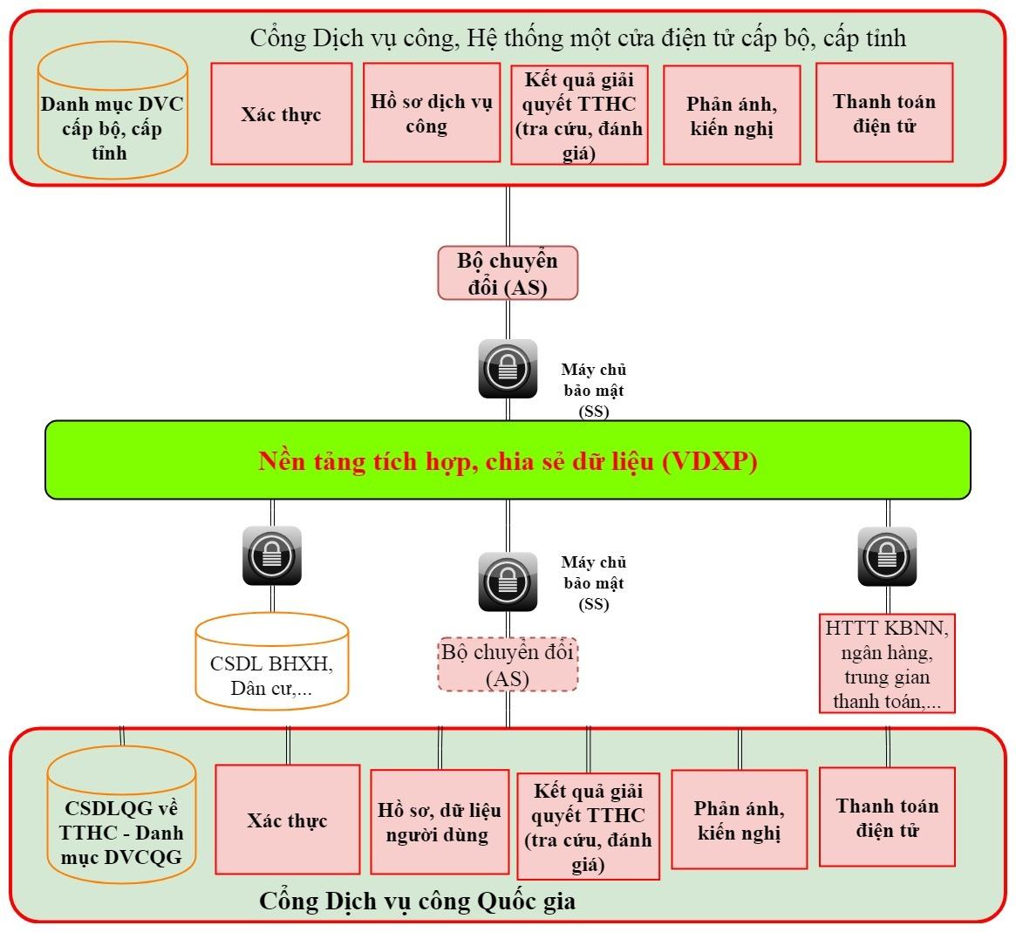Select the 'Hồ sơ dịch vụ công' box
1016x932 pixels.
[x=431, y=113]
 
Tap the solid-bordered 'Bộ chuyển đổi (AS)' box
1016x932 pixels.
[x=507, y=273]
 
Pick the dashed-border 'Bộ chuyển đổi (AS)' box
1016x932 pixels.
[x=507, y=664]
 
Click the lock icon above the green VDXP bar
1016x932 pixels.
[x=508, y=368]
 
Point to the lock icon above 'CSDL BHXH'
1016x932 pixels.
[x=272, y=555]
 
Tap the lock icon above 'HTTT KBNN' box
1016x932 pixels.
[x=887, y=555]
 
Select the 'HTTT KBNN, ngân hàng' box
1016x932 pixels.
[x=887, y=664]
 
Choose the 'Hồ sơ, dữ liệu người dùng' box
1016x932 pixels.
[x=440, y=821]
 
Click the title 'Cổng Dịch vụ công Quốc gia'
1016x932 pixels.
[x=417, y=901]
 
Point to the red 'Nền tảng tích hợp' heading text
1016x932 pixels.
[x=508, y=461]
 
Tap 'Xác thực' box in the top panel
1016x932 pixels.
[x=282, y=114]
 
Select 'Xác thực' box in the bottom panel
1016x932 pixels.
[x=287, y=820]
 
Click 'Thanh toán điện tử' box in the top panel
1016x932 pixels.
[x=884, y=112]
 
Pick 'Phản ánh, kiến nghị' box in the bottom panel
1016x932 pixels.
[x=739, y=820]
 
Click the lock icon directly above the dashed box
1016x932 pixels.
[x=508, y=582]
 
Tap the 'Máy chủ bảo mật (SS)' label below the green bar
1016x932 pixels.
[x=594, y=583]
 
